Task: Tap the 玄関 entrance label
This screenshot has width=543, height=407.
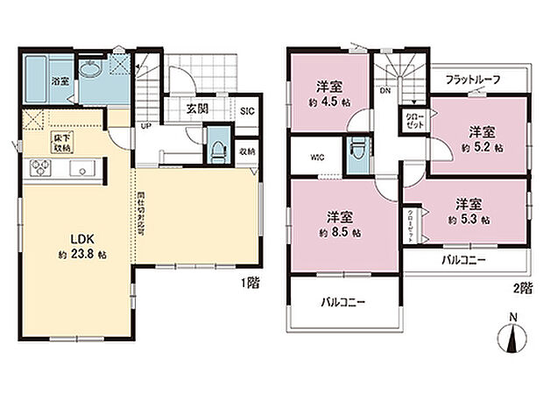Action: click(x=196, y=109)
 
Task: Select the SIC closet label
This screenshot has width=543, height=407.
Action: click(x=247, y=111)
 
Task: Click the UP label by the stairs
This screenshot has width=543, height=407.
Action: click(x=145, y=124)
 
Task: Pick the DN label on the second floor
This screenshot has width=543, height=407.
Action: click(x=384, y=89)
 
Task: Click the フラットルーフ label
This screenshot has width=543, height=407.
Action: click(x=472, y=80)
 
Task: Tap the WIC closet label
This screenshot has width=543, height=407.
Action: click(x=316, y=158)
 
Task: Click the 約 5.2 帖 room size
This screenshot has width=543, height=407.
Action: click(x=480, y=148)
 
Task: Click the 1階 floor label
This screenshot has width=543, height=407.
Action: click(x=250, y=284)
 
